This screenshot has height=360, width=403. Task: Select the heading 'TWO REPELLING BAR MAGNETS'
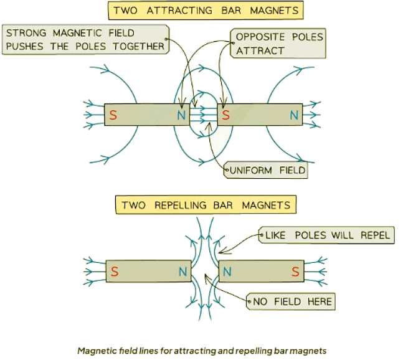[x=206, y=204]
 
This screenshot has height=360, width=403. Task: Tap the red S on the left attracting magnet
[x=113, y=115]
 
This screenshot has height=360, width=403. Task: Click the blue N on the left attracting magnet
[x=181, y=115]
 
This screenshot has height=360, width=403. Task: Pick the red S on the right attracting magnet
[x=226, y=115]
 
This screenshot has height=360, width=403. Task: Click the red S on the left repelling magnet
[x=115, y=272]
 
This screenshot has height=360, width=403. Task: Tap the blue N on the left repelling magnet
[x=183, y=272]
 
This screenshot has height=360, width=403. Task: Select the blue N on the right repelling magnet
[x=227, y=272]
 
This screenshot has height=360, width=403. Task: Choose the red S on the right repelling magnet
[x=294, y=272]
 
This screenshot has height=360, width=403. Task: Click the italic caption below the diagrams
[x=202, y=351]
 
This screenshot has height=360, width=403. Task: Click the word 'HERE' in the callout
[x=316, y=302]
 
